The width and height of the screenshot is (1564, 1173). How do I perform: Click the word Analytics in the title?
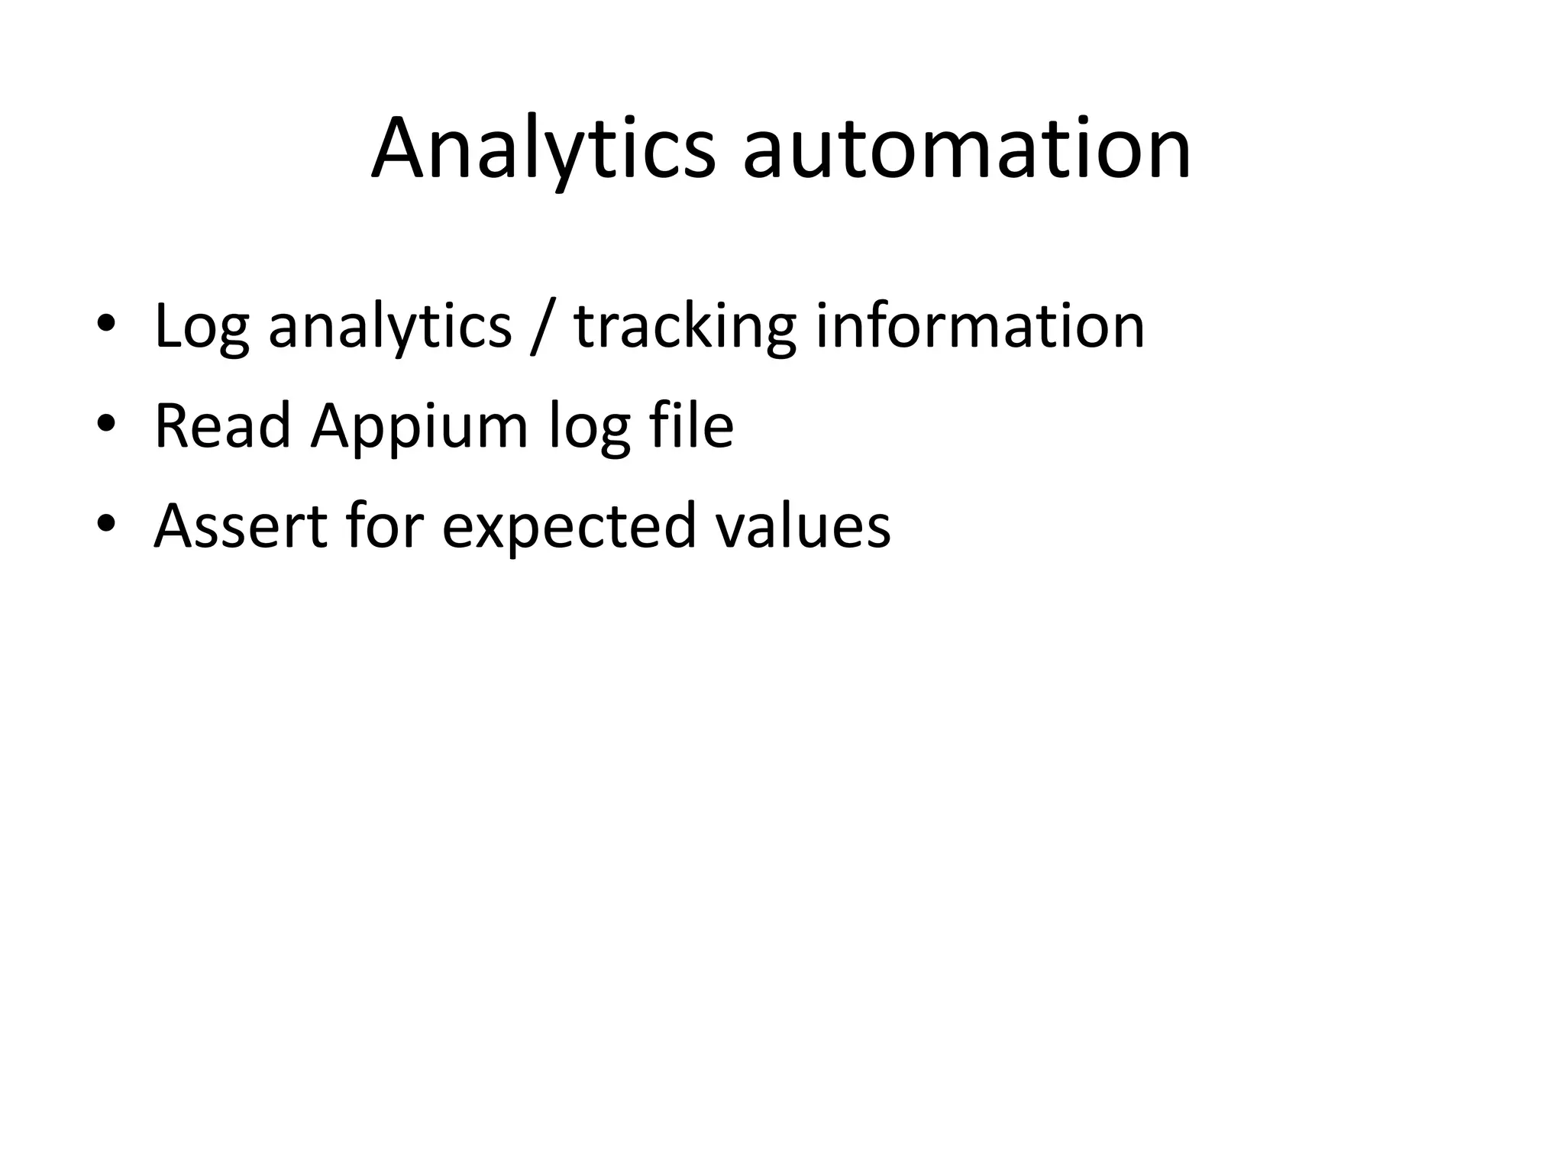(543, 149)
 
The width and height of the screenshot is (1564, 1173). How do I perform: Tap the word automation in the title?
(966, 149)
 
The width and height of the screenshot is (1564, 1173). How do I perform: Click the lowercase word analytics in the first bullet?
(389, 327)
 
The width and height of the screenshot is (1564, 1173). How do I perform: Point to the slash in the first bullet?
(541, 327)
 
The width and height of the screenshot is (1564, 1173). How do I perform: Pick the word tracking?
(685, 327)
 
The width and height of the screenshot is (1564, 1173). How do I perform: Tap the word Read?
(222, 425)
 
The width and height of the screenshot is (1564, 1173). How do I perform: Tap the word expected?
(569, 527)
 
